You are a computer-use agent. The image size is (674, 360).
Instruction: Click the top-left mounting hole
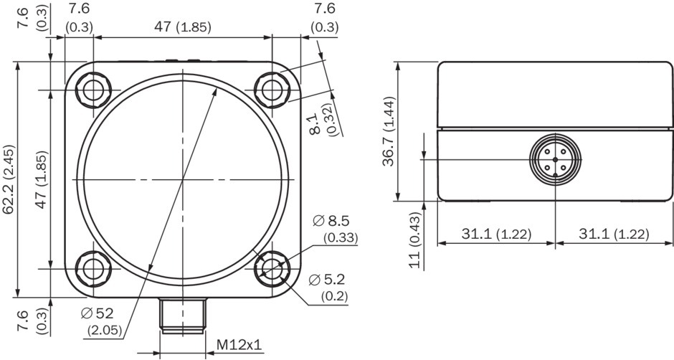point(93,90)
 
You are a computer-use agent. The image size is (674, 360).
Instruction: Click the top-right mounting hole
point(272,90)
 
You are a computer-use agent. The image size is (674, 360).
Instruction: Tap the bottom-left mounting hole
point(93,269)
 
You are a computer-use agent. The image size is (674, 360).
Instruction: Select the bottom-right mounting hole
point(272,269)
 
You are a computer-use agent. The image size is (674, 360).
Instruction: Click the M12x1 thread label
point(239,344)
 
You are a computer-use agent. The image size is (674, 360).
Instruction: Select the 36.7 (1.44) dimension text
point(389,131)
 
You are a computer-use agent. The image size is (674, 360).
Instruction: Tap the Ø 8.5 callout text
point(336,229)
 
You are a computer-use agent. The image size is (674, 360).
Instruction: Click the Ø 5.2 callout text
point(328,288)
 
